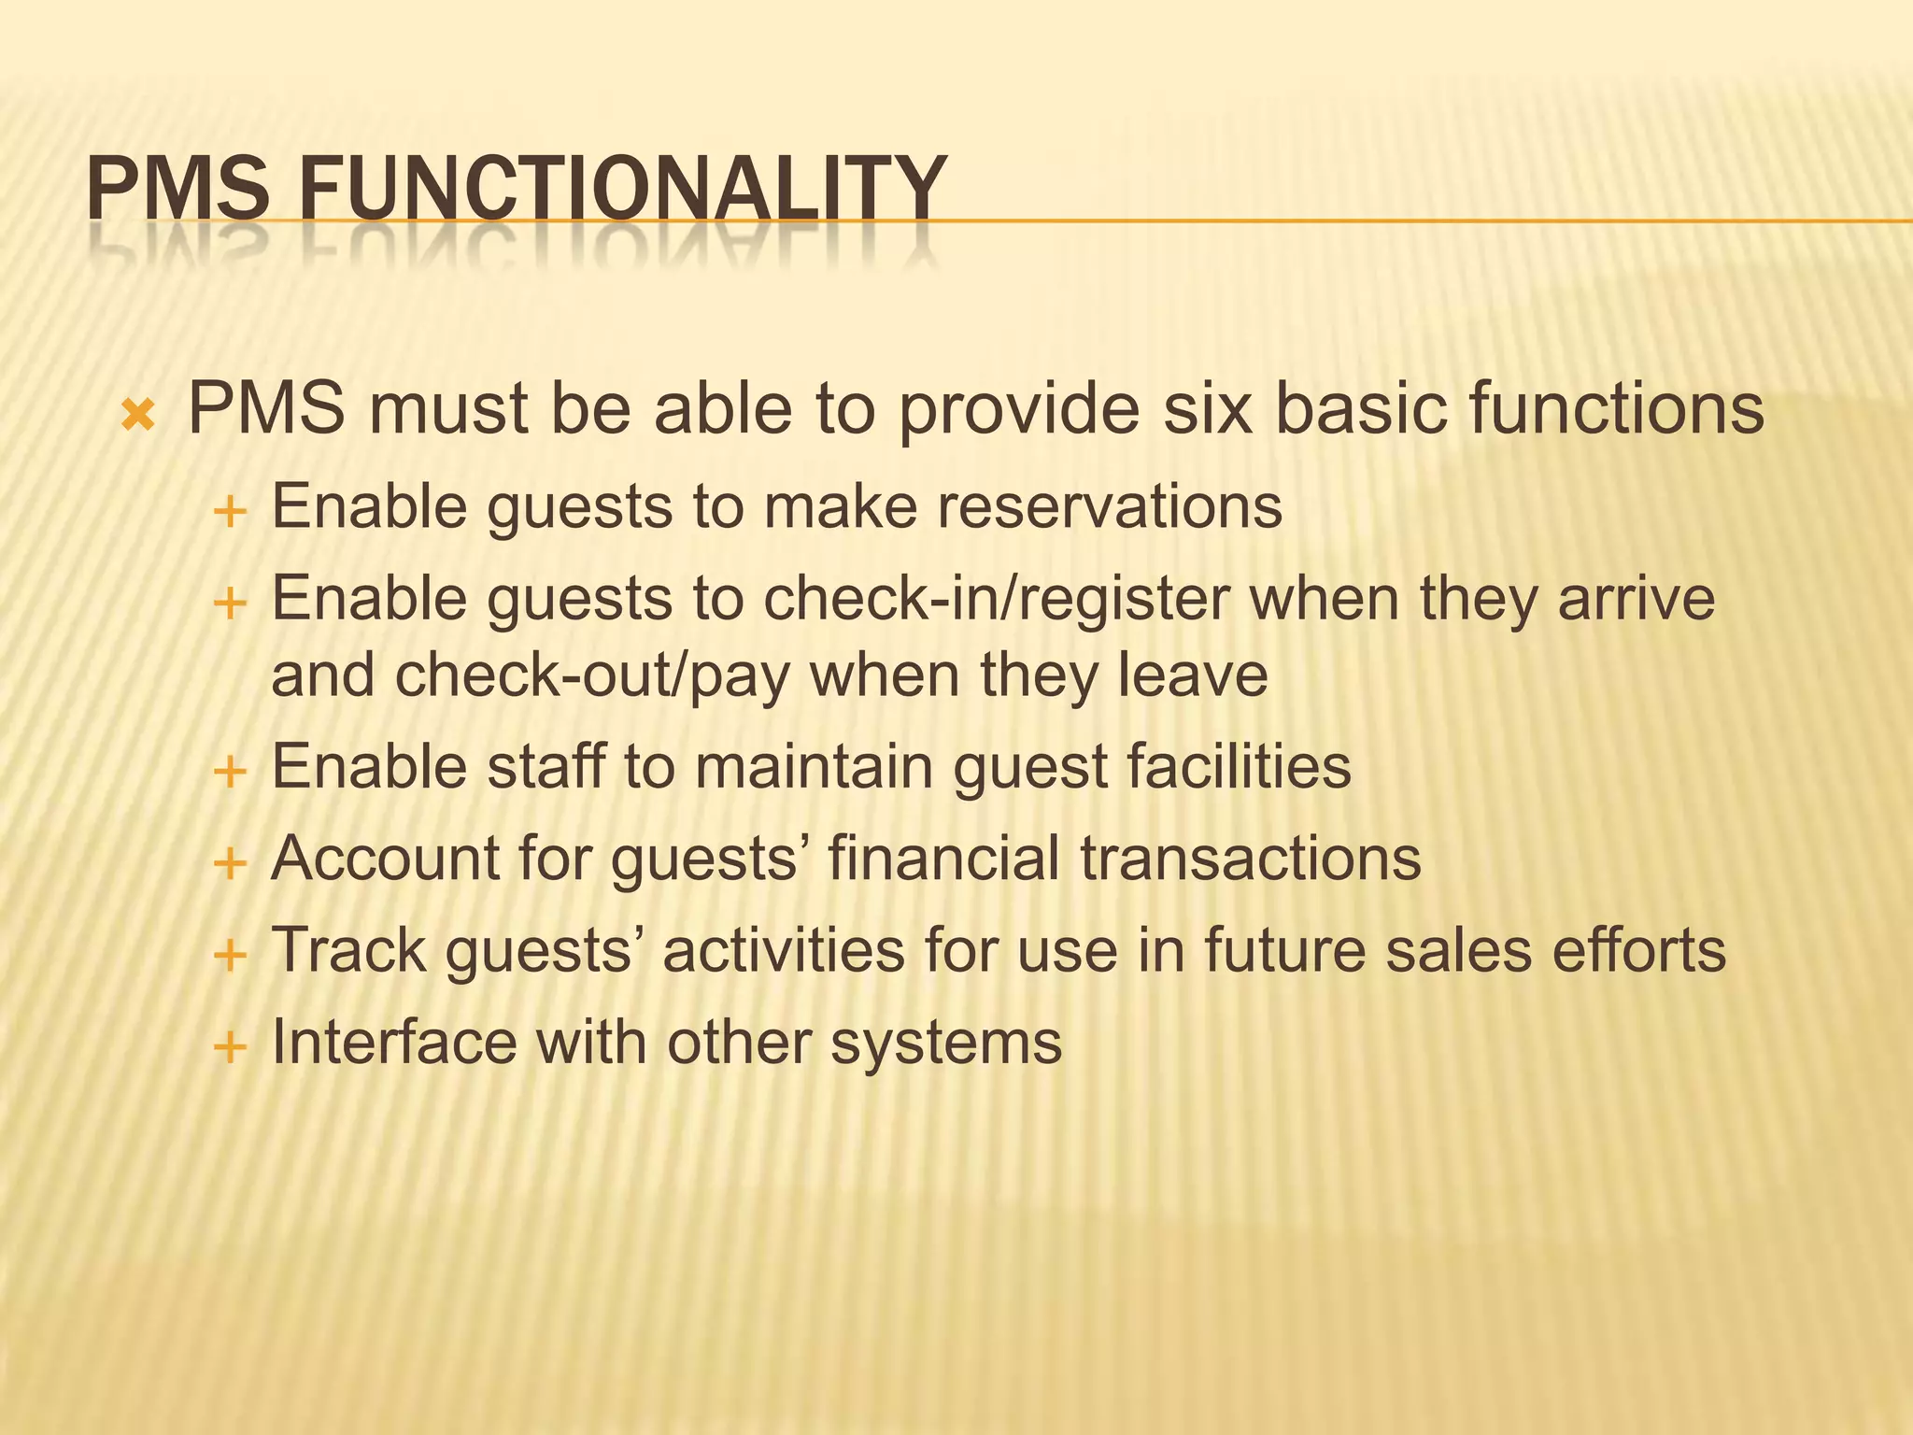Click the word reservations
[x=1109, y=507]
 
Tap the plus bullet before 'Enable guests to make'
[x=229, y=512]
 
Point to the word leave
[x=1193, y=675]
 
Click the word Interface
[x=393, y=1042]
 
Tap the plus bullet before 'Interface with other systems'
[x=229, y=1047]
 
